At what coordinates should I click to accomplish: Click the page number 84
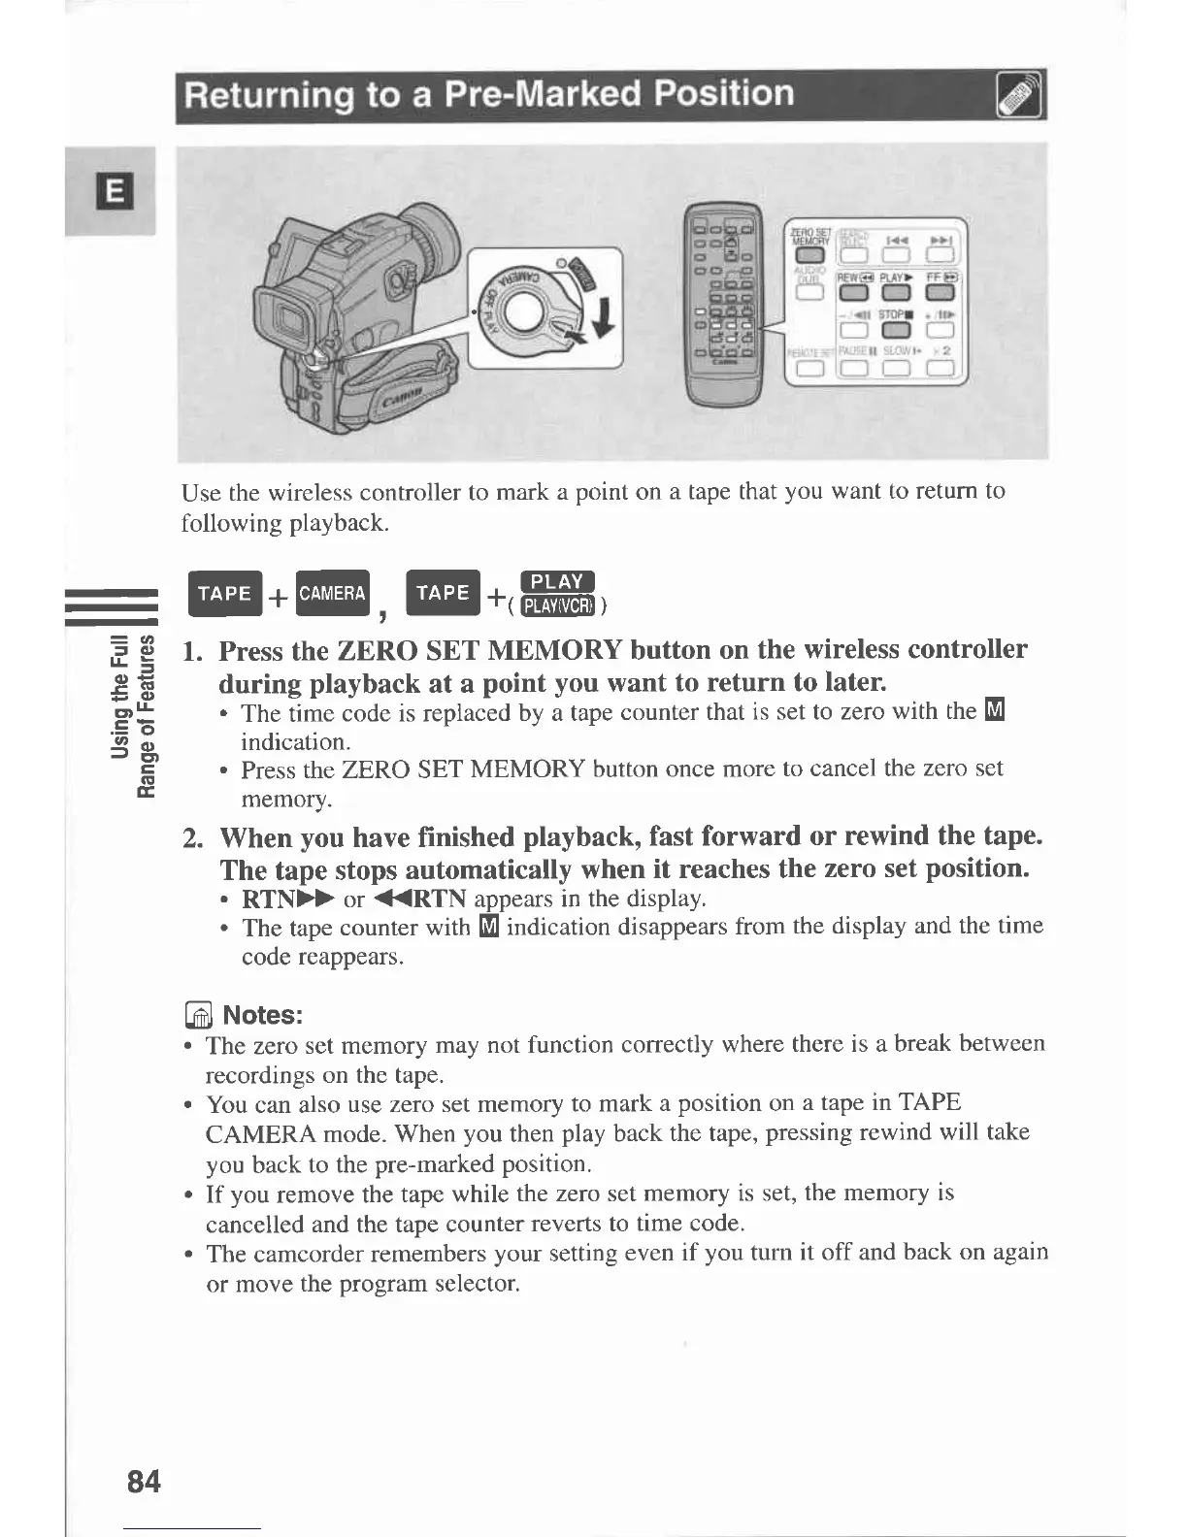[x=143, y=1482]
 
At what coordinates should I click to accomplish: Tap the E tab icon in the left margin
[x=113, y=192]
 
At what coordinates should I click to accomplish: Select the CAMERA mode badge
[x=332, y=593]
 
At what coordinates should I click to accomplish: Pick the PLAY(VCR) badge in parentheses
[x=557, y=605]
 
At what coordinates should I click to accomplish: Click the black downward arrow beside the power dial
[x=604, y=317]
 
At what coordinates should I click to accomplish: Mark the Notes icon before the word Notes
[x=198, y=1016]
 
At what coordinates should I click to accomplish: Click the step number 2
[x=192, y=837]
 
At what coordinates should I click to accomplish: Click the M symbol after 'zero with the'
[x=994, y=711]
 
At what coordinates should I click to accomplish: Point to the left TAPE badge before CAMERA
[x=225, y=593]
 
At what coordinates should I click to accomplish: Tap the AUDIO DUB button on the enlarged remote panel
[x=809, y=292]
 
